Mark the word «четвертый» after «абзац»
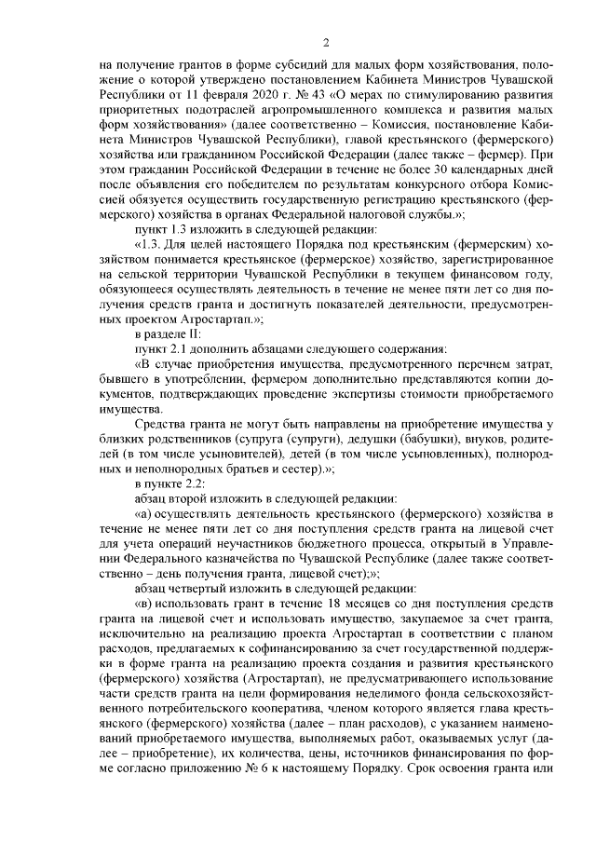click(x=201, y=587)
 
